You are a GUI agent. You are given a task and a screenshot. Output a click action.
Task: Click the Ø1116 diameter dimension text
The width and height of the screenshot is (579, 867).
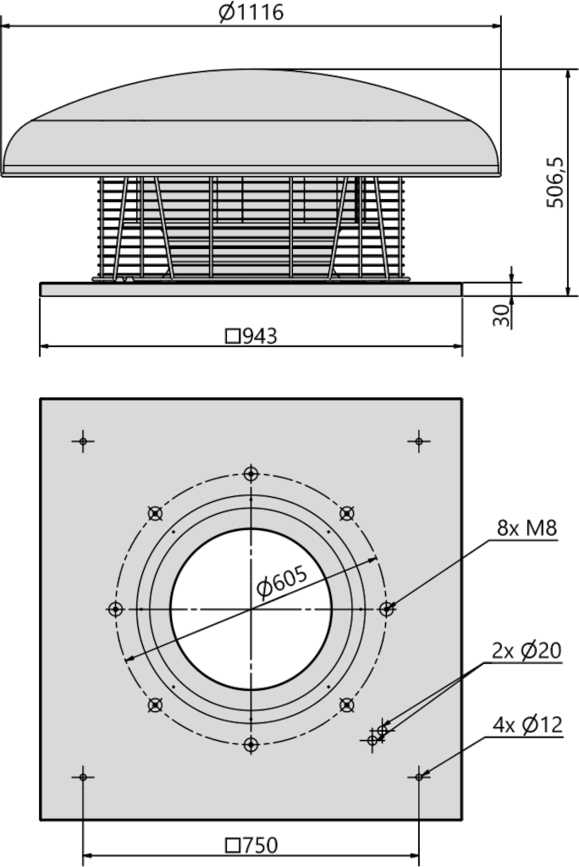[x=251, y=12]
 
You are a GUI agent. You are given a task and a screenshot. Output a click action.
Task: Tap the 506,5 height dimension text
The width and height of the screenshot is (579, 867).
[x=554, y=182]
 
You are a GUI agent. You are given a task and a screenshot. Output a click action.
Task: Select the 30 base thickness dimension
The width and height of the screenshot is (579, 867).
[x=501, y=315]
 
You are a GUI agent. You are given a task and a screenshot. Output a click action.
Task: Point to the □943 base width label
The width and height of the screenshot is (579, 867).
[x=251, y=335]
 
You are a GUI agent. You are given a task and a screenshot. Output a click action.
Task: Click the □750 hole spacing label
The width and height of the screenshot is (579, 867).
[x=251, y=845]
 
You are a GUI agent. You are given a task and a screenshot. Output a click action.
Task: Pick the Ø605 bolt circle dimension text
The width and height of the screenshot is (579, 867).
[x=282, y=582]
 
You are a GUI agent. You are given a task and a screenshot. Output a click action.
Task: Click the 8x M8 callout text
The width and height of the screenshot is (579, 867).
[x=527, y=528]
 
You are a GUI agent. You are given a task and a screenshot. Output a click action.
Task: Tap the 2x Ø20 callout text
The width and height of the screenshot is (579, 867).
[x=527, y=651]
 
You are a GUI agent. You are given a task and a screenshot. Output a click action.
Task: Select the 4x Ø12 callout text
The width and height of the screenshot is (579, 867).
[x=527, y=725]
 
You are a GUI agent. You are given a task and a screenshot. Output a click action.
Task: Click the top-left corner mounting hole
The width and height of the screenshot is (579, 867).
[x=83, y=441]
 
